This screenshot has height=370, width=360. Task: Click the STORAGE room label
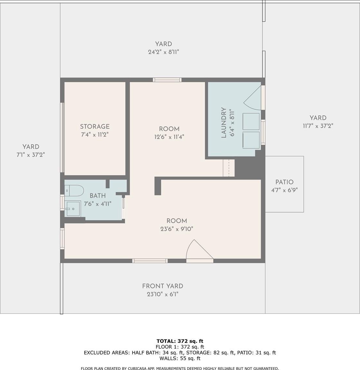pos(95,127)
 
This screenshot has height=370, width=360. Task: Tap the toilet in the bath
pos(74,191)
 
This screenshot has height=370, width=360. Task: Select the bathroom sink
pos(73,208)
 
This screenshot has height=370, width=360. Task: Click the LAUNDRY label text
pos(224,122)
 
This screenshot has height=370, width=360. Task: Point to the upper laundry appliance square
pos(251,121)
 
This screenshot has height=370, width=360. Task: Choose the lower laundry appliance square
pos(251,140)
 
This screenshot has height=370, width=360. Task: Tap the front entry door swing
pos(200,251)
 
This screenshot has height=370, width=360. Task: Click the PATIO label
pos(285,182)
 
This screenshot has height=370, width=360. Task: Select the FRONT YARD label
pos(163,286)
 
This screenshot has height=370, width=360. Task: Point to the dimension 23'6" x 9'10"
pos(177,229)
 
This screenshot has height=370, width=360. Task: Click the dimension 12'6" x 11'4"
pos(169,137)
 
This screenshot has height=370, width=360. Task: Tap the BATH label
pos(98,196)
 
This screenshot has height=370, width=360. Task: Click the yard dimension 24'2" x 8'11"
pos(163,52)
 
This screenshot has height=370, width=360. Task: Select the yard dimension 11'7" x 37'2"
pos(318,126)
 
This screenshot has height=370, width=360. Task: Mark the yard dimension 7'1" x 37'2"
pos(31,155)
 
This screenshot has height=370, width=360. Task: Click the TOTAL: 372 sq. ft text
pos(180,341)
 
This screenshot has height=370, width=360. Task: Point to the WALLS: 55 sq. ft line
pos(180,358)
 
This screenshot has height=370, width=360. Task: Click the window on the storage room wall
pos(62,137)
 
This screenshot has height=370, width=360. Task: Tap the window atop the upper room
pos(167,80)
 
